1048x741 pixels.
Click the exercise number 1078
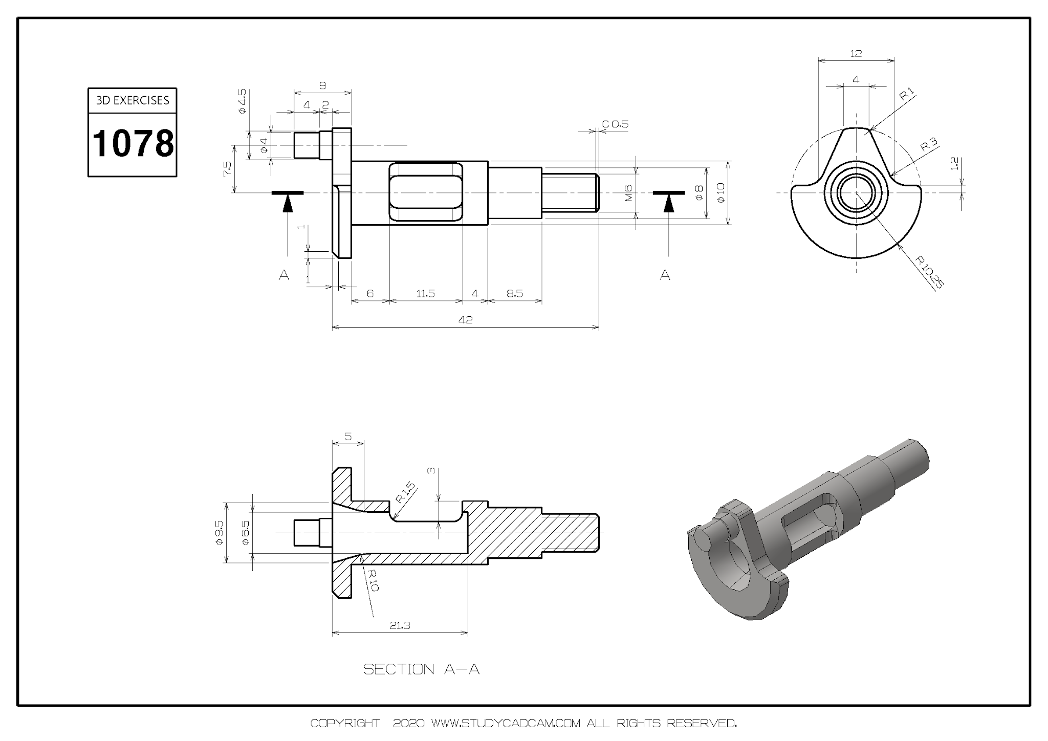(133, 144)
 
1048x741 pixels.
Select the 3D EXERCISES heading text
(133, 100)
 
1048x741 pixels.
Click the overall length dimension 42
(465, 320)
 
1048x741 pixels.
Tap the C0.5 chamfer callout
(615, 124)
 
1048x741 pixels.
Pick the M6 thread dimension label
(629, 192)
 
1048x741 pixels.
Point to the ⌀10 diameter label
(720, 192)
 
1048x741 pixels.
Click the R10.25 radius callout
(929, 272)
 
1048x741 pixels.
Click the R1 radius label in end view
(907, 94)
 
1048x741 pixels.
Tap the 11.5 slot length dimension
(425, 294)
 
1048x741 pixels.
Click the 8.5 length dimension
(514, 294)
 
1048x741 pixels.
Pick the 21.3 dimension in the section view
(400, 625)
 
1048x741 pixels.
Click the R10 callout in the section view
(373, 580)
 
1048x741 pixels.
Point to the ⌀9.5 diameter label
(219, 532)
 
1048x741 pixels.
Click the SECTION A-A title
(421, 669)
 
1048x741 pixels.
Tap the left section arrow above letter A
(288, 203)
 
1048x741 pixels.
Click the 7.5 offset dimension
(227, 168)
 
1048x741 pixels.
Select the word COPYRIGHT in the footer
(345, 724)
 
